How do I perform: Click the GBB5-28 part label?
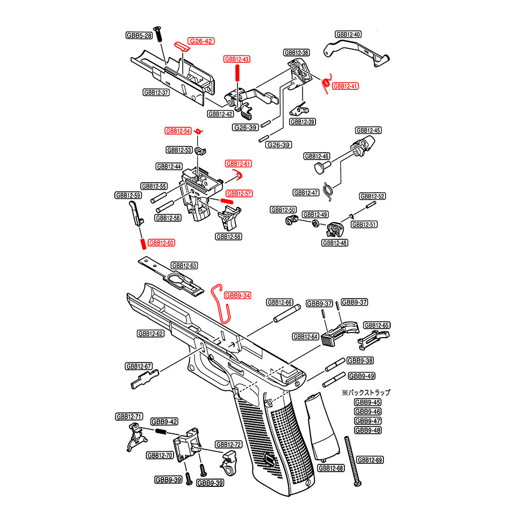[139, 36]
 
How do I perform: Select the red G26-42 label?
[201, 41]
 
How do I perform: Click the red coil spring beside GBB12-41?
[326, 84]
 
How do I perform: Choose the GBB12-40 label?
[348, 34]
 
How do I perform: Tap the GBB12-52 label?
[373, 196]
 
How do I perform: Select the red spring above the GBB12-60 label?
[142, 243]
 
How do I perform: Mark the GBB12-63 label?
[184, 265]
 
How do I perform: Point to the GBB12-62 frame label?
[150, 334]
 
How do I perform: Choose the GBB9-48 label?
[368, 430]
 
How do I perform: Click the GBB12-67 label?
[139, 366]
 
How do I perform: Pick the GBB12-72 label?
[228, 445]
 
